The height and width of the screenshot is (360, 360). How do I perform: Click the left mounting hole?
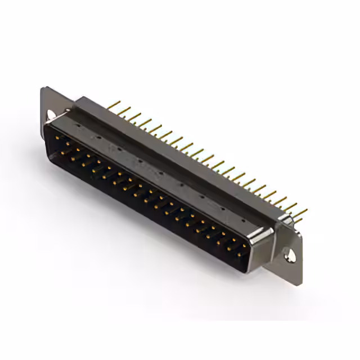tap(51, 115)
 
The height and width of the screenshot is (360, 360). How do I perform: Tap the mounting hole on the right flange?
tap(290, 256)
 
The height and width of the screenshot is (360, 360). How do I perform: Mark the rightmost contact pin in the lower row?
tap(238, 255)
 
